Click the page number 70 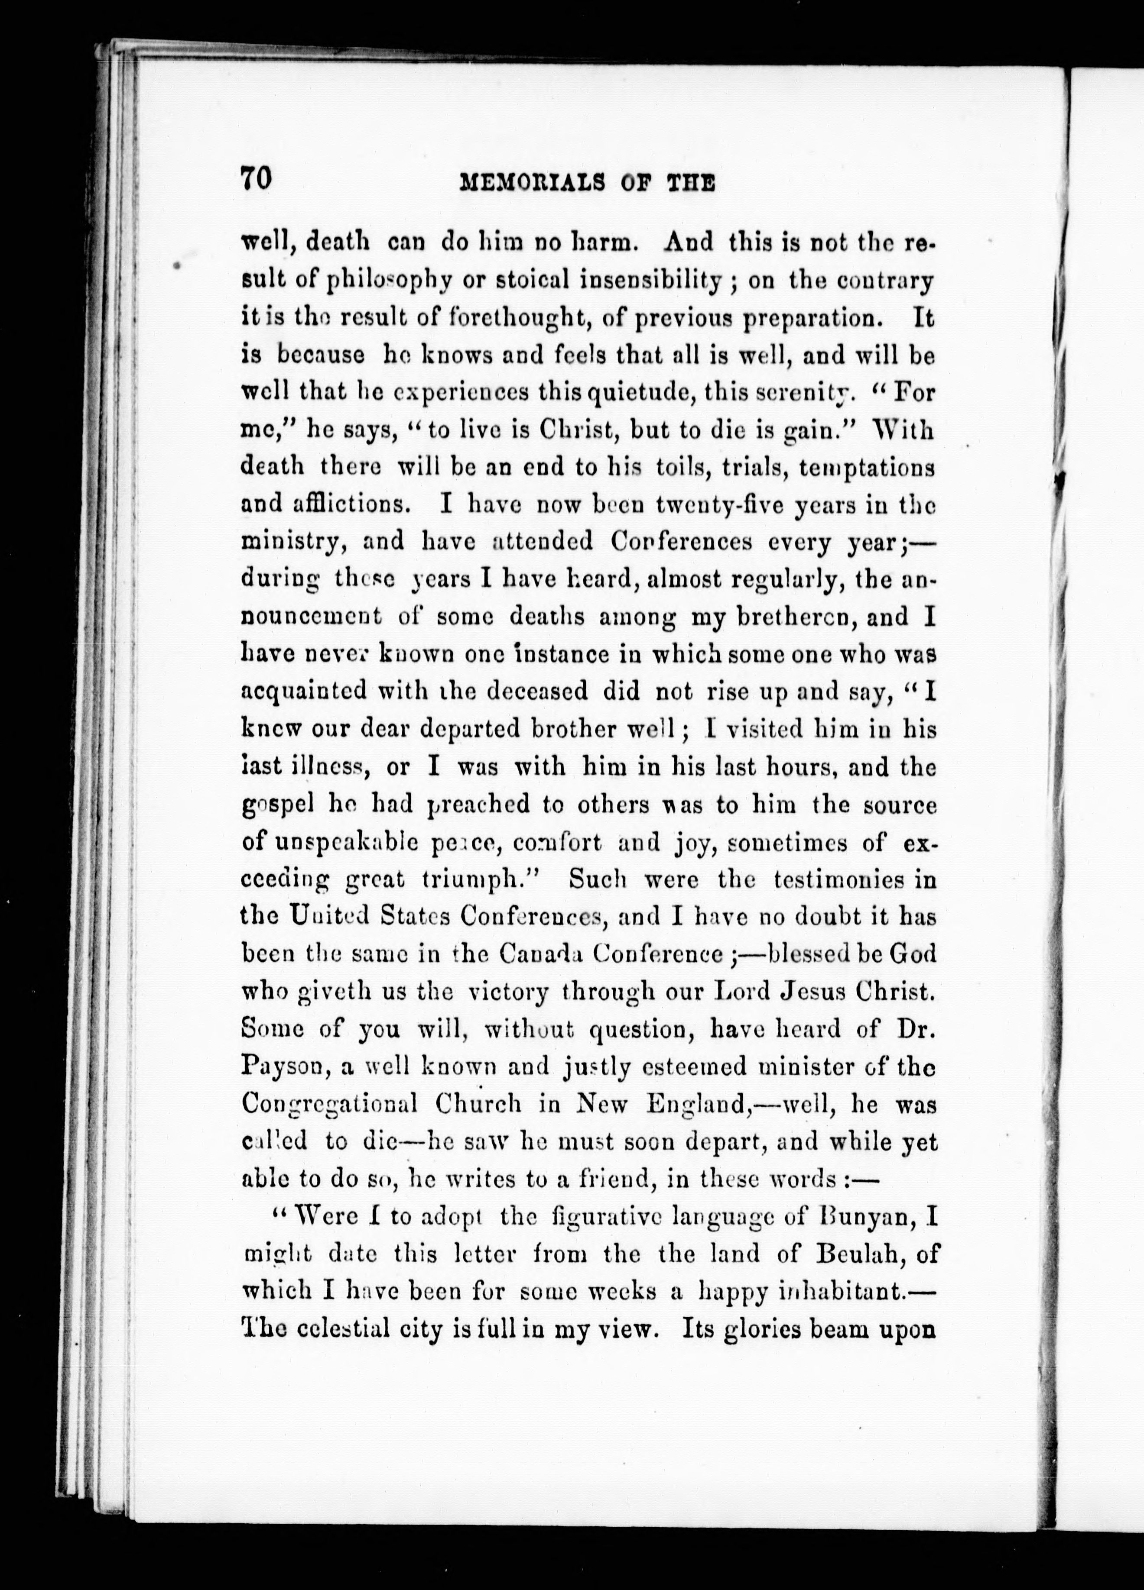tap(255, 179)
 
